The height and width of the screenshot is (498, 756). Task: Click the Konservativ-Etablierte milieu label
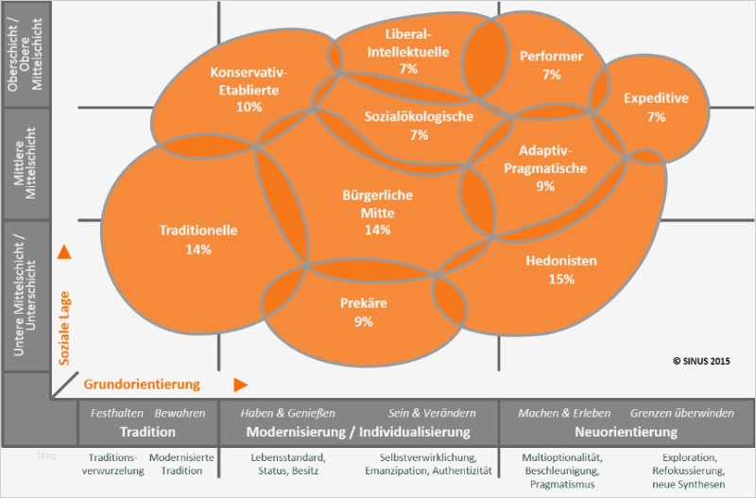tap(249, 81)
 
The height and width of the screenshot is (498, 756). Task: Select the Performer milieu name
tap(552, 56)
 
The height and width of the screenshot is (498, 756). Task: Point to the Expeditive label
tap(656, 98)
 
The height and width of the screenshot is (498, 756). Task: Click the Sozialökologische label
tap(419, 116)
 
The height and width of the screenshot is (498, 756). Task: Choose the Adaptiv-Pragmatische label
tap(553, 160)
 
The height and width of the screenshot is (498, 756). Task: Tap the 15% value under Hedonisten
tap(561, 279)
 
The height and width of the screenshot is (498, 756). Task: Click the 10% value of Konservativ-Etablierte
tap(249, 107)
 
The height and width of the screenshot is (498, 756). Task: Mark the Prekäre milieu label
tap(364, 303)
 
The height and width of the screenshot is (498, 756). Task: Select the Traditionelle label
tap(198, 230)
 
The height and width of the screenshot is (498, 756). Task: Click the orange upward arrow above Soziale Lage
tap(64, 252)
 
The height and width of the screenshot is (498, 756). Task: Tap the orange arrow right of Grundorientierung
tap(241, 384)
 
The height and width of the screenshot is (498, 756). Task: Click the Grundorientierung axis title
tap(142, 384)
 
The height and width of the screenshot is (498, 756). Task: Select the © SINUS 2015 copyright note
tap(701, 360)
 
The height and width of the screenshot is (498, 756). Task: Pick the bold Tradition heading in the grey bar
tap(148, 432)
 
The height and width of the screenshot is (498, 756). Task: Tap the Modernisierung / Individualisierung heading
tap(358, 432)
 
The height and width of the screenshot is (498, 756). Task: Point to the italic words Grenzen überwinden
tap(681, 413)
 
